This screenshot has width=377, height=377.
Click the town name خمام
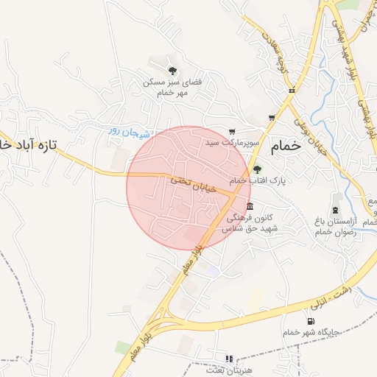286,146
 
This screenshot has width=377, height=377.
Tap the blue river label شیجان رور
129,132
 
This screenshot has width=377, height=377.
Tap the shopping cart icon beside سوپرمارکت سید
233,130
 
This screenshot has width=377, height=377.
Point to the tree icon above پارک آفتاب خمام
256,169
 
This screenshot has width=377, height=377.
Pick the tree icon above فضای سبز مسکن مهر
172,71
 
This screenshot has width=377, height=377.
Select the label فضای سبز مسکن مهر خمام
172,88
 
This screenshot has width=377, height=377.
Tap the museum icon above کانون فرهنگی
250,205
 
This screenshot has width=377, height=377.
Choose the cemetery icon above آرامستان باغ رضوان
336,199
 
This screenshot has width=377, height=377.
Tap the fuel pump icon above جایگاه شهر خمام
311,320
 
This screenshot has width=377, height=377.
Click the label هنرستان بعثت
229,369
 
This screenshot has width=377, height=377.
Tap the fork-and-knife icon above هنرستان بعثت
229,359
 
